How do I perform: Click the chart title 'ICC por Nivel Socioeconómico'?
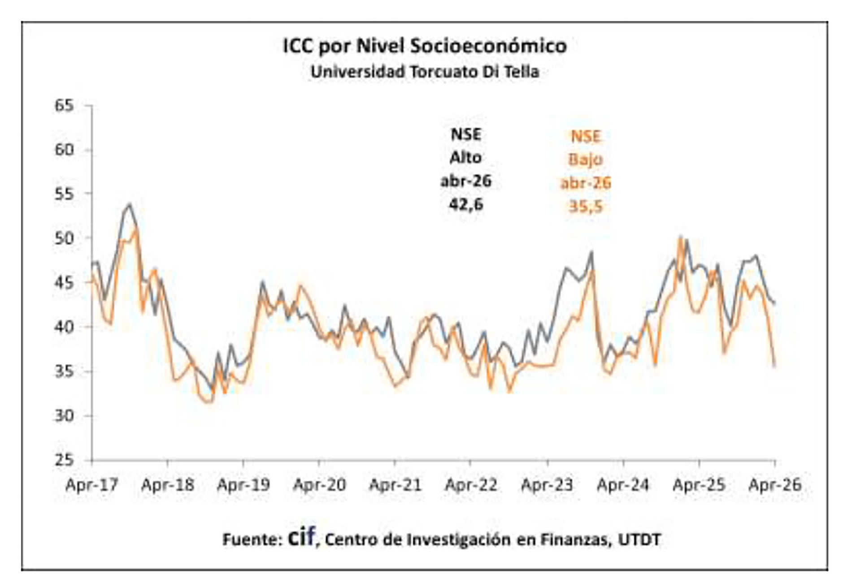(425, 46)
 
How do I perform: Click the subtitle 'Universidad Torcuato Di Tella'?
(425, 72)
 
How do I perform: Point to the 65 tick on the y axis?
(64, 106)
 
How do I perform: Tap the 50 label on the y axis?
(64, 238)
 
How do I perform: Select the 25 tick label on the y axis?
(64, 460)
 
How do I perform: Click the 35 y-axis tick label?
(64, 371)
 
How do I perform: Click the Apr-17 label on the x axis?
(91, 484)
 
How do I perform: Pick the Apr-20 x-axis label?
(319, 484)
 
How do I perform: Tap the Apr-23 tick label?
(547, 484)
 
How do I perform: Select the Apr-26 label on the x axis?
(775, 484)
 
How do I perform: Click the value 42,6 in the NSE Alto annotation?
(466, 204)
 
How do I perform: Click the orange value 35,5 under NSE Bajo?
(586, 206)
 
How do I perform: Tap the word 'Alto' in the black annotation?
(466, 157)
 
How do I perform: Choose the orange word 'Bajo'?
(586, 159)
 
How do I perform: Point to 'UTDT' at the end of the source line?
(639, 539)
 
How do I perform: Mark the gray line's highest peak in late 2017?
(130, 204)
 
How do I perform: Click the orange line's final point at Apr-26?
(774, 366)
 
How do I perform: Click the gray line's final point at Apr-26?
(774, 303)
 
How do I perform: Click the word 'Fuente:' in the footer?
(252, 539)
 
